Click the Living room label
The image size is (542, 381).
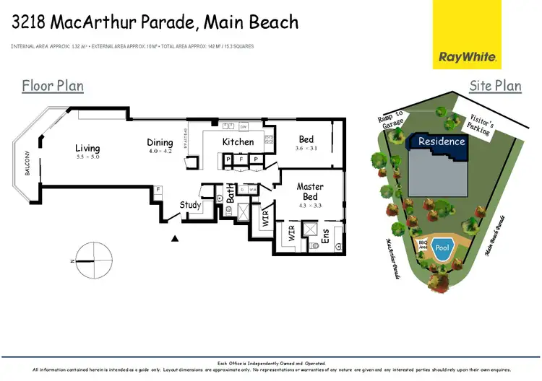click(x=87, y=149)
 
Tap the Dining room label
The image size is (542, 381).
click(x=160, y=143)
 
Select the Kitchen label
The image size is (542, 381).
click(x=238, y=142)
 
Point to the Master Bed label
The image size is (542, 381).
click(x=310, y=191)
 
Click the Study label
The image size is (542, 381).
click(x=190, y=205)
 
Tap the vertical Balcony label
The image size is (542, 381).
click(x=27, y=164)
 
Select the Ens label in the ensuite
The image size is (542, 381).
click(x=324, y=235)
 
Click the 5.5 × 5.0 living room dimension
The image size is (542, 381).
click(x=87, y=157)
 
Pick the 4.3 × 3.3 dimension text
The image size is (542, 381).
click(x=310, y=206)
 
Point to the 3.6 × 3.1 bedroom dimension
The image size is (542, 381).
click(x=306, y=148)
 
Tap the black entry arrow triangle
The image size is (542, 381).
click(x=174, y=239)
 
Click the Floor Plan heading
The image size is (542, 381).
click(x=53, y=86)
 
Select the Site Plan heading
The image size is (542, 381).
click(x=495, y=86)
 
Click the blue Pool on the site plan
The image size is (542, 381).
click(x=442, y=248)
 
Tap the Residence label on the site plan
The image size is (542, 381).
click(x=442, y=141)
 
